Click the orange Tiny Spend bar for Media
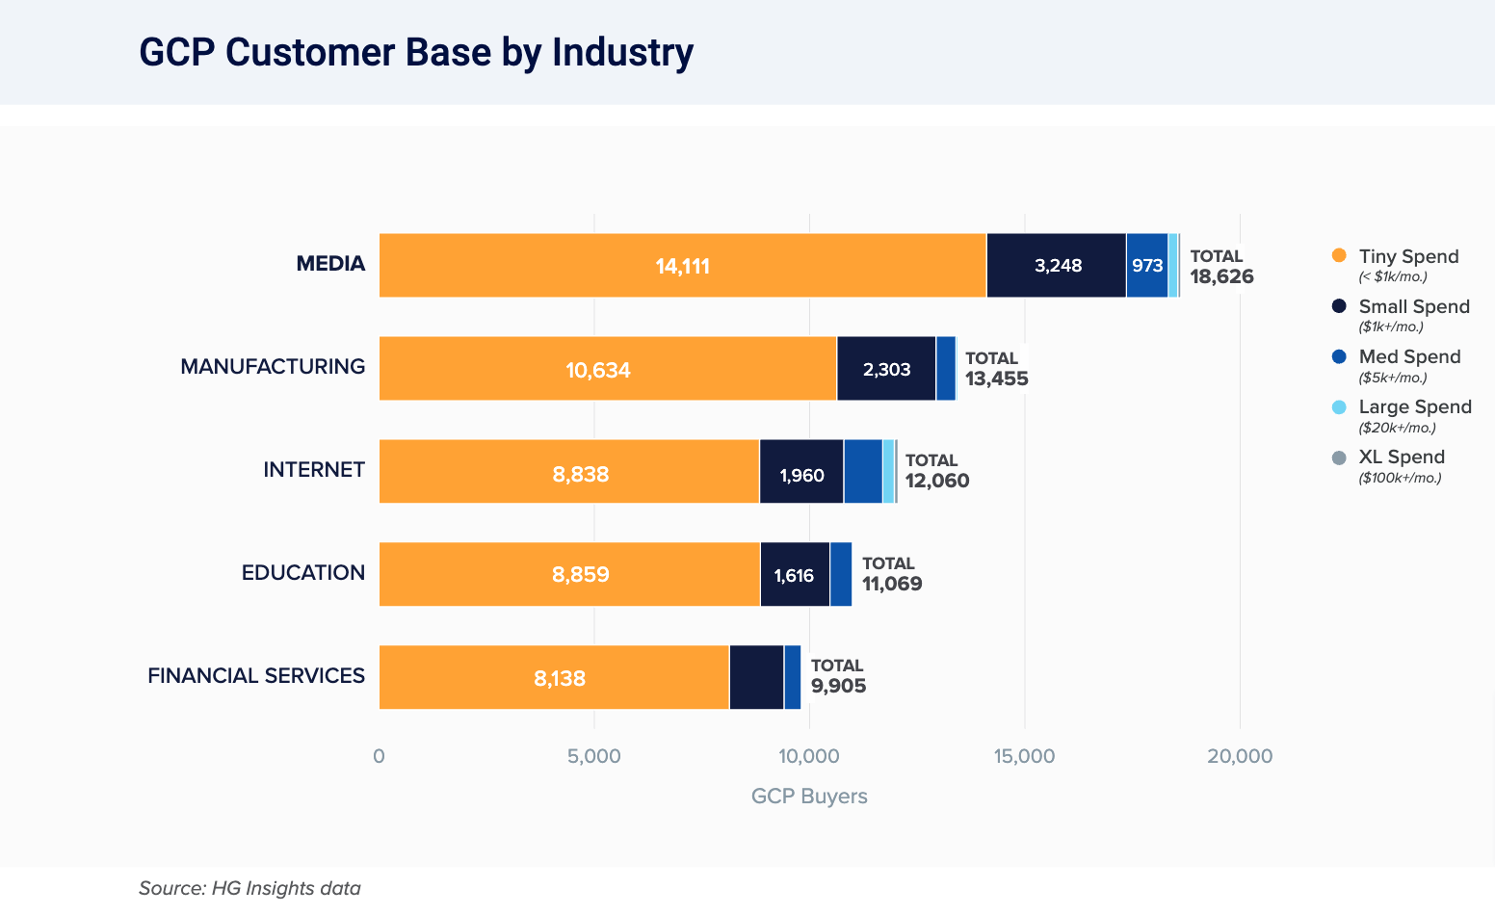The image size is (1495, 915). [x=682, y=265]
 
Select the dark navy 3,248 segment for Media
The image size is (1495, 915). [x=1057, y=265]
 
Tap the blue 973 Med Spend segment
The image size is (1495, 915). [x=1146, y=265]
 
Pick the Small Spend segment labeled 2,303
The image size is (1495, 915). [x=886, y=368]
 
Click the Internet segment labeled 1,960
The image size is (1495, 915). [x=801, y=471]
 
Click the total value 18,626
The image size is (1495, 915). [x=1221, y=277]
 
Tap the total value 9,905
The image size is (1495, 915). [x=838, y=686]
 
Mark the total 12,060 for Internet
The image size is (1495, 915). [x=937, y=481]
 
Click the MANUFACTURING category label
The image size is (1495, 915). [x=273, y=367]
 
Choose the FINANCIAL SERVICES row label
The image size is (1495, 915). [x=256, y=676]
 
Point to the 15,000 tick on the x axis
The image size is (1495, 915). [x=1024, y=756]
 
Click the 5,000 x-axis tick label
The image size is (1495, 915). [x=594, y=756]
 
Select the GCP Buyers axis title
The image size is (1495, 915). [x=809, y=797]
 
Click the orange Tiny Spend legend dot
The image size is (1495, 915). [x=1338, y=256]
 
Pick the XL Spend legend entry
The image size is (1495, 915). [x=1402, y=457]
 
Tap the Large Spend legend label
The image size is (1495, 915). [x=1415, y=407]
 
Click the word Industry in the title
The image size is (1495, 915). [x=622, y=53]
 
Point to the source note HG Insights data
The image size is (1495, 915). [x=249, y=888]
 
